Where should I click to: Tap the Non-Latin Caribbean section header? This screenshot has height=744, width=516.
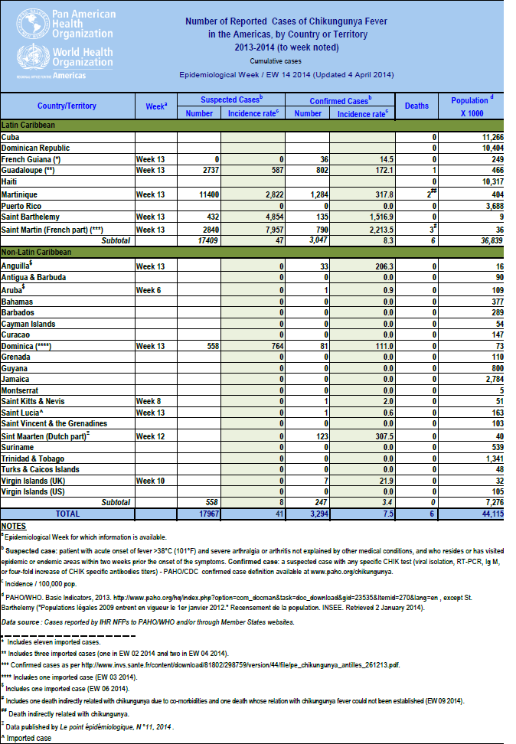click(37, 252)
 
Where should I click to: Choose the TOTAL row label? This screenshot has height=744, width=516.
click(67, 514)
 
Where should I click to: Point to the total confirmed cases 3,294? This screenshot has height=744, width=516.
click(310, 514)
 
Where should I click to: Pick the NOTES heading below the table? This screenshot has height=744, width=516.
click(13, 526)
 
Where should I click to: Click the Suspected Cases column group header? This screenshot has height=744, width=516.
click(231, 100)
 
